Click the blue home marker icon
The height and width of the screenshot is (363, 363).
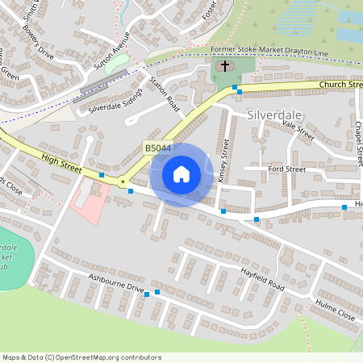pos(181,174)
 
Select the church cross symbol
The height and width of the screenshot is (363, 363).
pos(224,67)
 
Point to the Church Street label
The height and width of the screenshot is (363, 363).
pos(340,84)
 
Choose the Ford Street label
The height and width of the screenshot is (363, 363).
pos(286,169)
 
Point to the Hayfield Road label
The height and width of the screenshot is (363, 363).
pos(263,279)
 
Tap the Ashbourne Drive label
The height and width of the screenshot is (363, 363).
pos(115,283)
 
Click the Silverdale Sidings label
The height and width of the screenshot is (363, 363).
pos(115,101)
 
